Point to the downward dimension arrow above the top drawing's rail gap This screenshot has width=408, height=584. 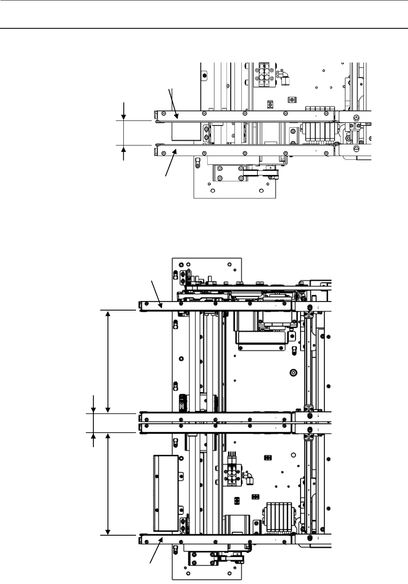124,111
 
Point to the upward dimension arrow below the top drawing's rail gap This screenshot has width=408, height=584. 124,153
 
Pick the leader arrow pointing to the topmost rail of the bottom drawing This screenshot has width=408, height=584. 156,294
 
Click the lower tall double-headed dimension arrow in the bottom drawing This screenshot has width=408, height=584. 108,484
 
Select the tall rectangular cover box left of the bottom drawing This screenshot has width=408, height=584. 166,493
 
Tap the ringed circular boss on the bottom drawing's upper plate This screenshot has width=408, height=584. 295,371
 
